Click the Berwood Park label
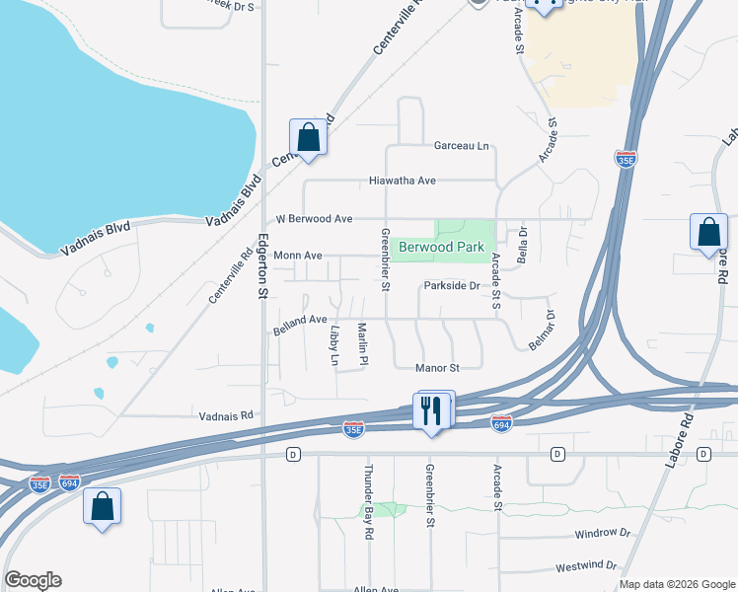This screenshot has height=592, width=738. point(441,247)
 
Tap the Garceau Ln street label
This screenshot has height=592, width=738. point(462,146)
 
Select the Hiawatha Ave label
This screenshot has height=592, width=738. point(402,182)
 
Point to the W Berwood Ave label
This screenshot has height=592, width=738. point(314,218)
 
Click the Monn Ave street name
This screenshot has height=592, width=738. point(298,255)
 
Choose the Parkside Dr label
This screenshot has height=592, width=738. point(451,286)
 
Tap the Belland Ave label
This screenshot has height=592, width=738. point(300,320)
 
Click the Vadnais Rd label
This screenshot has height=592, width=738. point(226,416)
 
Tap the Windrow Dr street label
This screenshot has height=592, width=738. point(602,533)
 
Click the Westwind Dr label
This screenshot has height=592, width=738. point(586,566)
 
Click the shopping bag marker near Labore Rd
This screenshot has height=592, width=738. point(708,234)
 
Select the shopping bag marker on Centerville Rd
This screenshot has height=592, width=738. point(308,138)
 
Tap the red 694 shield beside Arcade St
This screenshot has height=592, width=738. point(501,422)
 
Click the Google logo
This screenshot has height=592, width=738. point(33,580)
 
